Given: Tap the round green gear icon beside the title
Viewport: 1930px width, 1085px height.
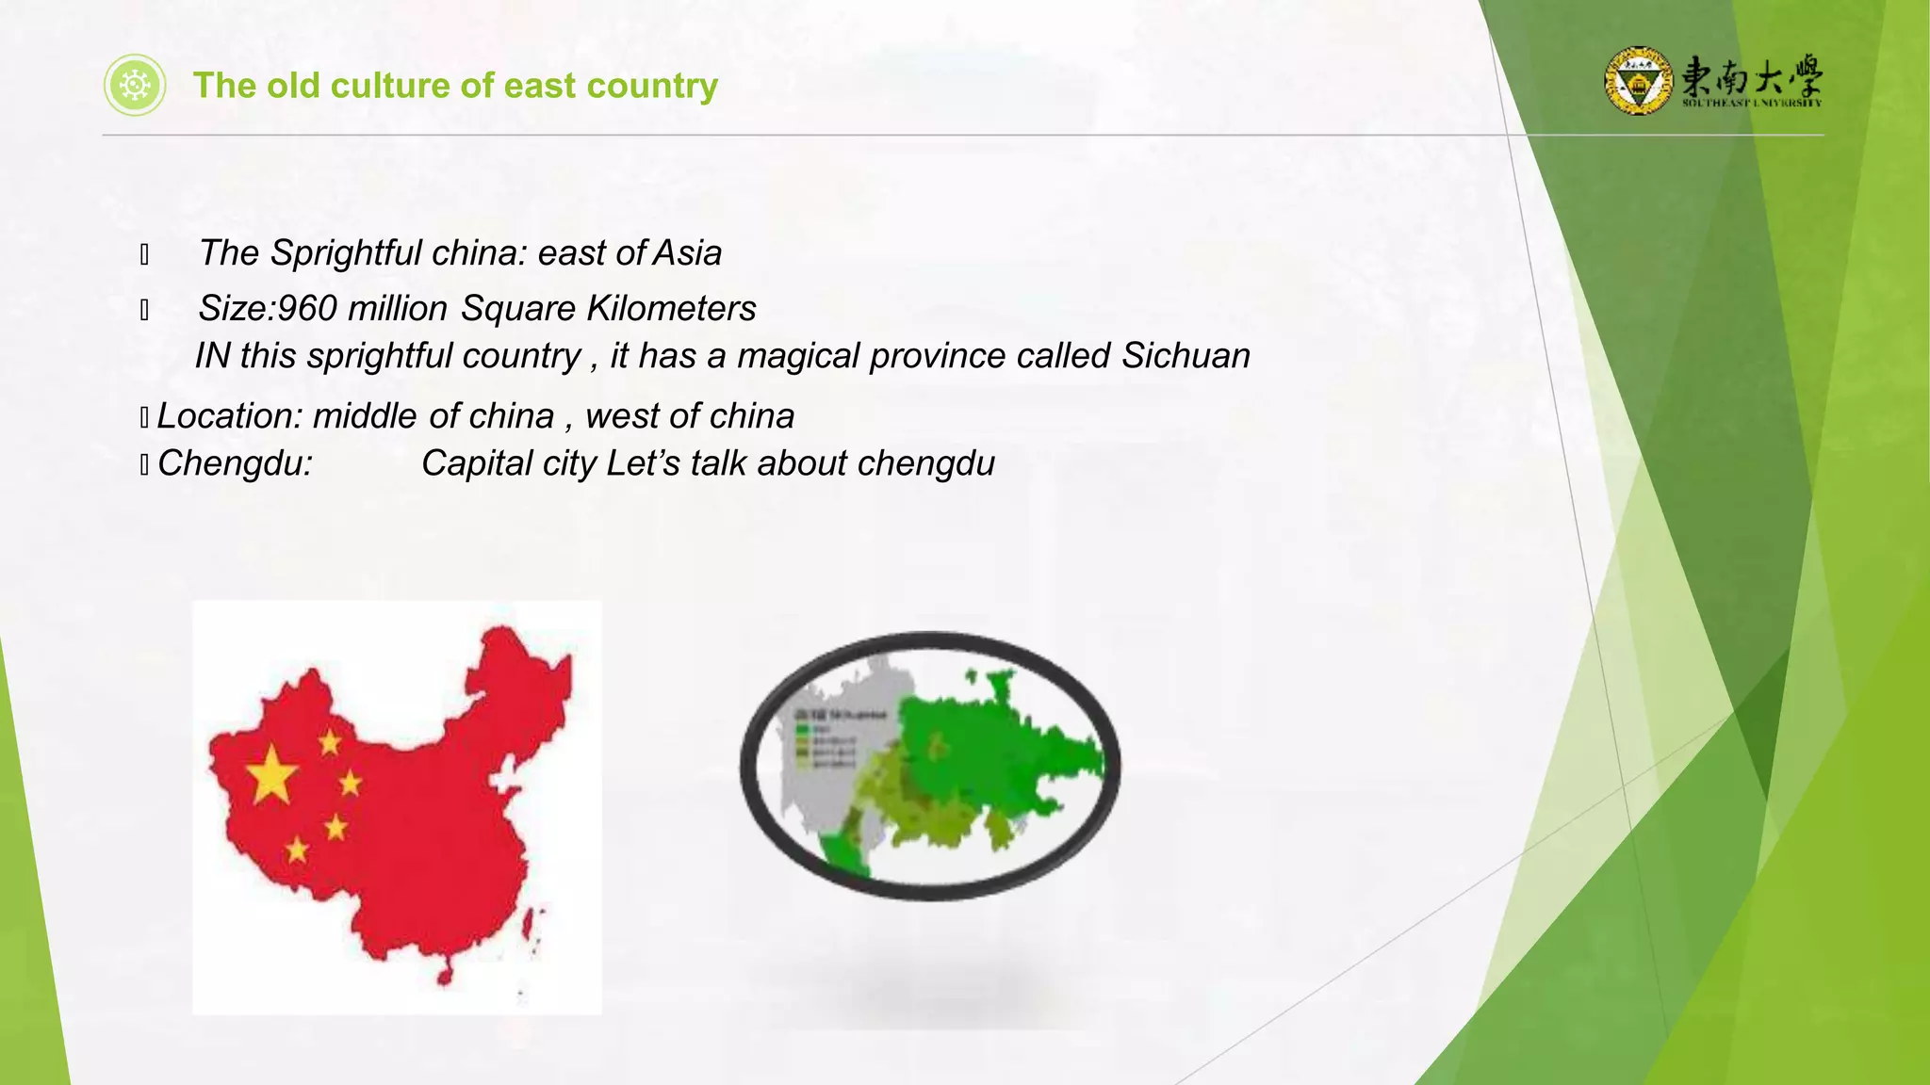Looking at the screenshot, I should (135, 86).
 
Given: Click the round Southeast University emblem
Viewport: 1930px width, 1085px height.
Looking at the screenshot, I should (1638, 81).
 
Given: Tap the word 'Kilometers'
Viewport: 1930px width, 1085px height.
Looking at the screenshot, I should (671, 309).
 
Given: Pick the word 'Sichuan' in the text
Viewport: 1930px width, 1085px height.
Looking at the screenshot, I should (1186, 356).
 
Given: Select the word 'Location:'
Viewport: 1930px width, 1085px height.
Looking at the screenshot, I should (229, 416).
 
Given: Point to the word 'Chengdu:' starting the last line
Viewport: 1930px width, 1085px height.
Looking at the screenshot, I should (235, 463).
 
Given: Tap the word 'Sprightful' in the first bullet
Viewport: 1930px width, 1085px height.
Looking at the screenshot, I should (346, 253).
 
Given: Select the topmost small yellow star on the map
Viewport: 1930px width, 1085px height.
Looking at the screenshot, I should (330, 742).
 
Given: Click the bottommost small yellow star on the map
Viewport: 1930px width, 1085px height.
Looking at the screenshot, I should (297, 850).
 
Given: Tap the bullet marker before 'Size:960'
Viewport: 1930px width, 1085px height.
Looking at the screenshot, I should (144, 310).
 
